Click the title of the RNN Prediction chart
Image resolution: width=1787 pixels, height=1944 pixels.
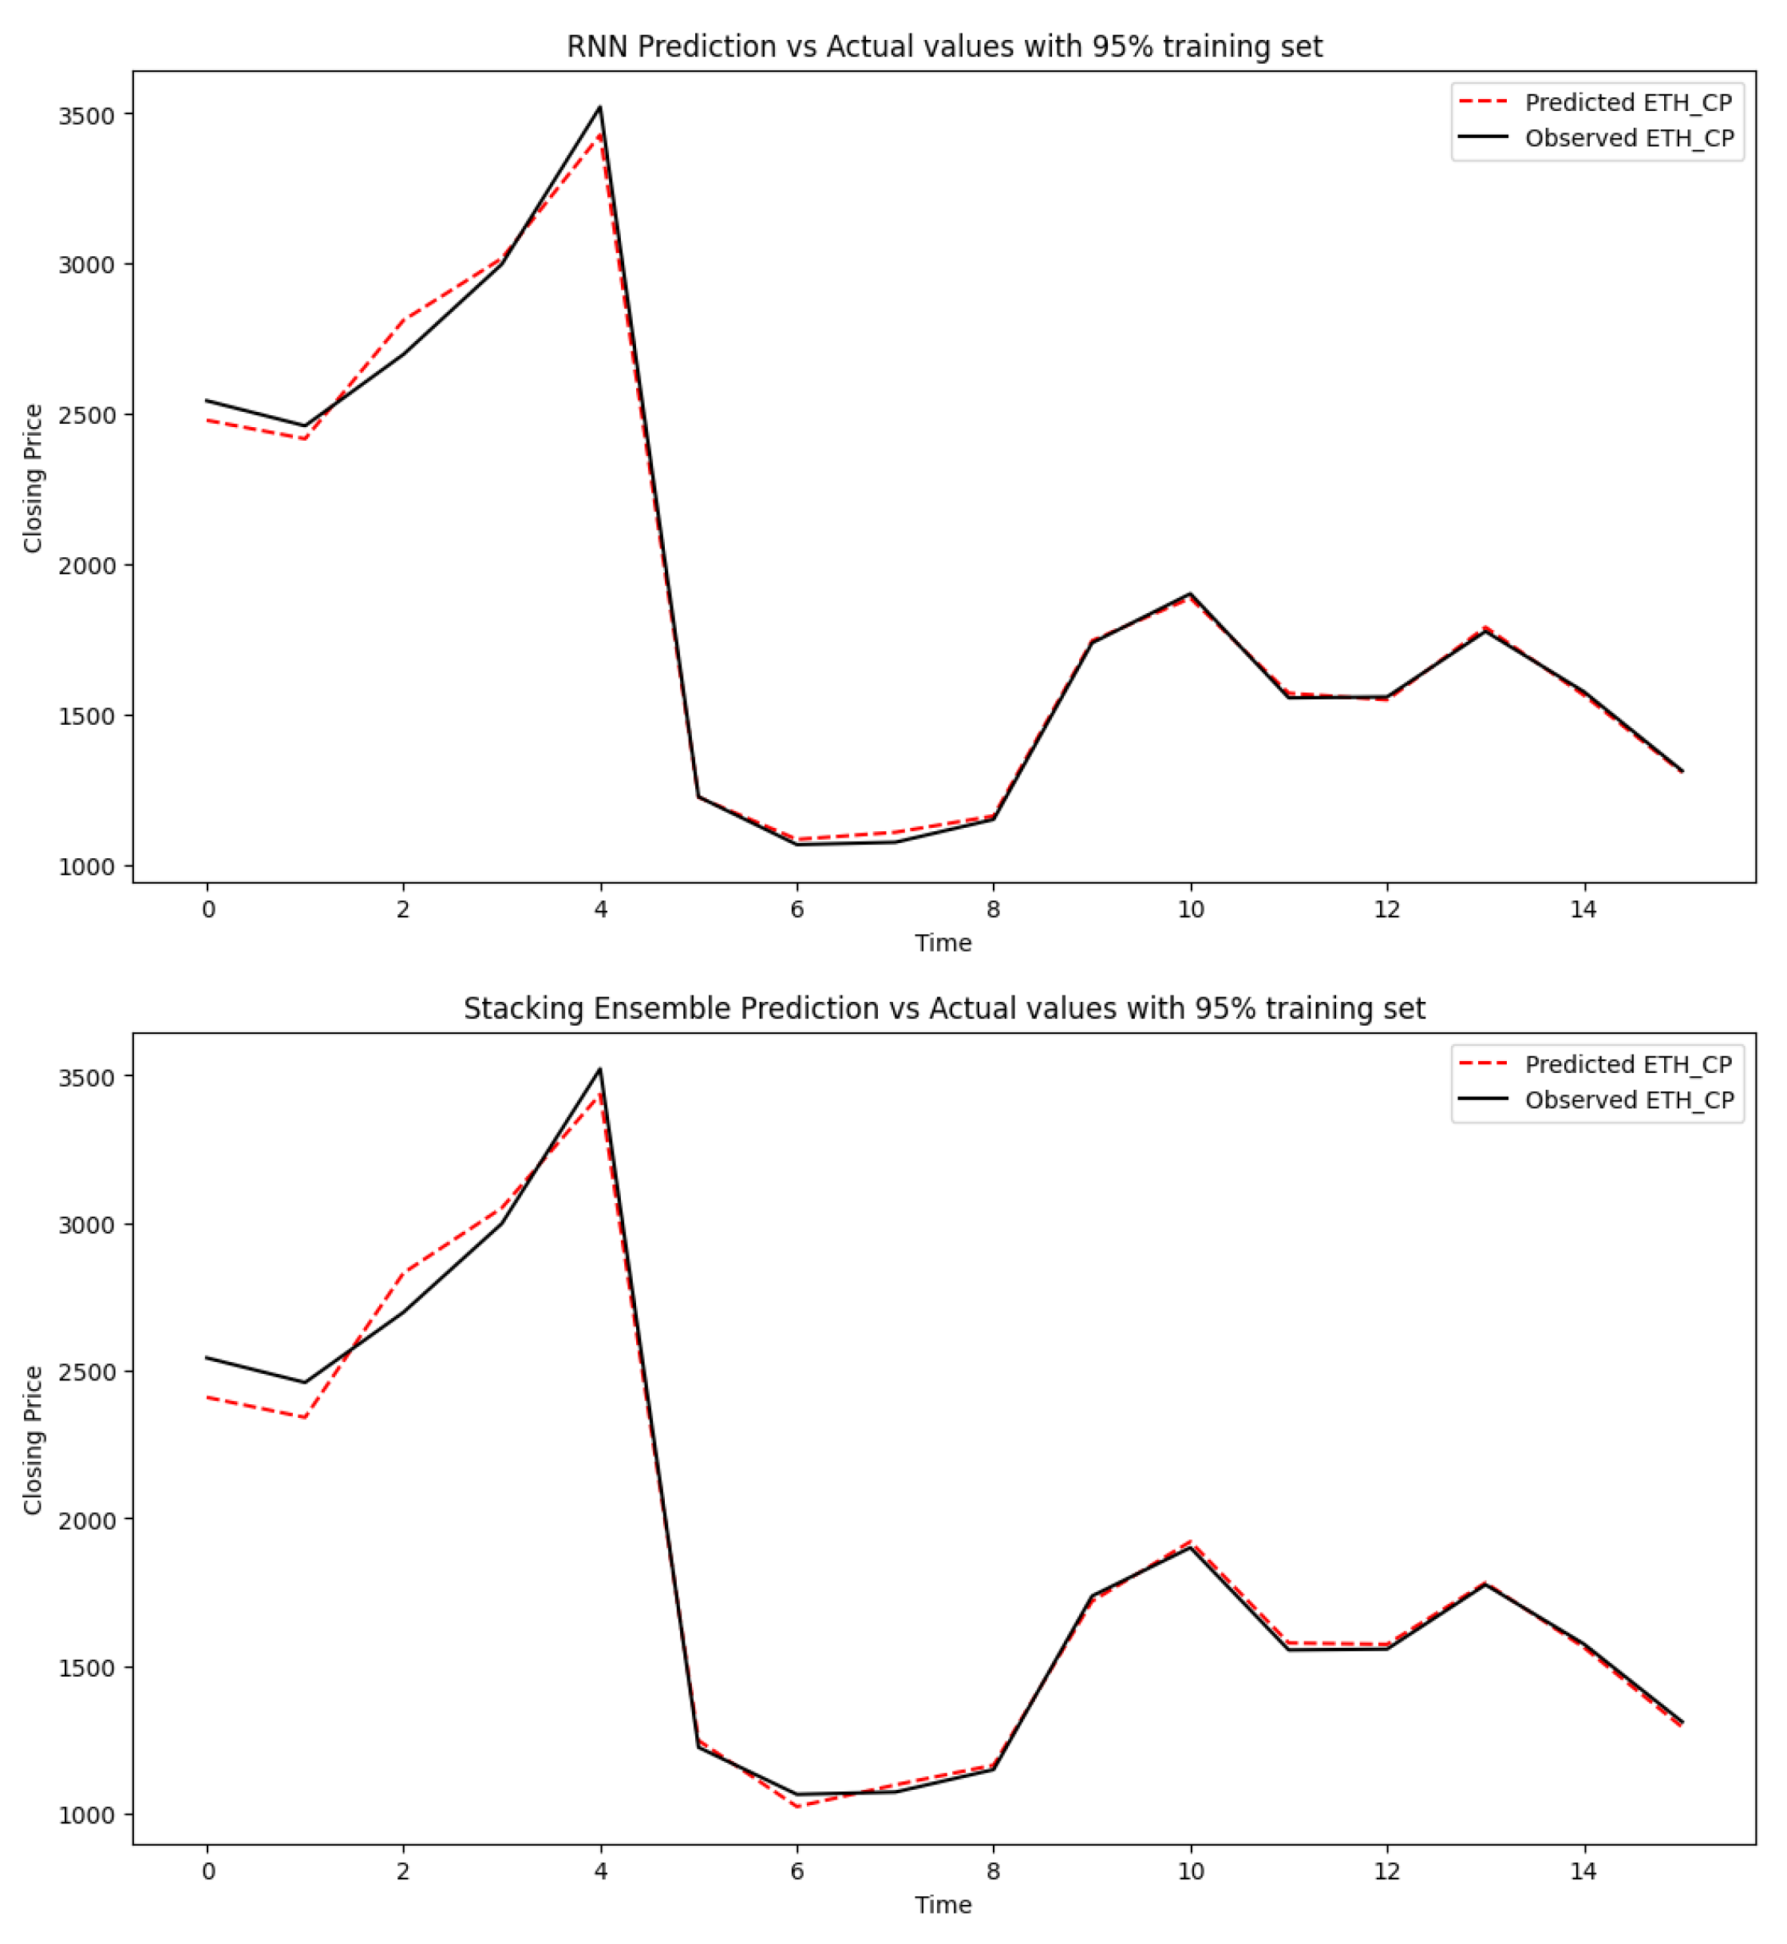[944, 46]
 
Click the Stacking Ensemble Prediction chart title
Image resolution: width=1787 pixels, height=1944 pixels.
[944, 1009]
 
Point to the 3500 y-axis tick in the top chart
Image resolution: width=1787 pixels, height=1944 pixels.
[86, 116]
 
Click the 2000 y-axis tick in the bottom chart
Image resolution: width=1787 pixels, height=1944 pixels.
[86, 1520]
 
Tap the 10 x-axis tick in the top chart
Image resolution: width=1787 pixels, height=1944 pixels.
[1190, 910]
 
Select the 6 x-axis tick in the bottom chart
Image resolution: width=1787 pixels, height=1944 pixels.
[797, 1872]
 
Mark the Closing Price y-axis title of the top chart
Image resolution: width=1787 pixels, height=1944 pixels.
[33, 477]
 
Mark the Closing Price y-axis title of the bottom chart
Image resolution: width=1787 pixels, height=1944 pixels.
[33, 1440]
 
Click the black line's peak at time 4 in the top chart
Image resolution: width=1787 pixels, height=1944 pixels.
[600, 107]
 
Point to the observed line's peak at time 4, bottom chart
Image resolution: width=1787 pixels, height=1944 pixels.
[600, 1070]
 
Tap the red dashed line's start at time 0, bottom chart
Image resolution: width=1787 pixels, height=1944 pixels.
[208, 1398]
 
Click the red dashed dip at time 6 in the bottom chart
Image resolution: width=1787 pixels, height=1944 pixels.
[797, 1807]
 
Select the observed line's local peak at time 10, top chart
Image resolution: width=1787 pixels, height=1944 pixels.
[1189, 594]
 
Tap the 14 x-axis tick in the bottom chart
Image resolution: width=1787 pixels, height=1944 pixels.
[1583, 1872]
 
